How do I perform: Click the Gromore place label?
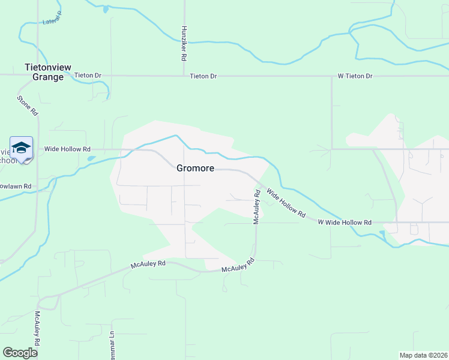coord(195,168)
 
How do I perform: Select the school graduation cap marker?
coord(21,148)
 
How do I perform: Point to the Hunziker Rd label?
coord(183,43)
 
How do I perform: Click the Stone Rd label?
coord(28,106)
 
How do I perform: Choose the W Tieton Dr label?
coord(354,76)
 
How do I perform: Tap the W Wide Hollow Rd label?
coord(345,222)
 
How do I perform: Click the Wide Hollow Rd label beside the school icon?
coord(67,149)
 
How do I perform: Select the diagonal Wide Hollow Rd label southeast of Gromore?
coord(286,203)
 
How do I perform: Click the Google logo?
coord(20,353)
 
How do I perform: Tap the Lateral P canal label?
coord(53,22)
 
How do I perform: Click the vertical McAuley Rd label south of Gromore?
coord(256,208)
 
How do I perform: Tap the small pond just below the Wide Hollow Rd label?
coord(91,159)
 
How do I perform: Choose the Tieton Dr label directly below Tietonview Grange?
coord(88,76)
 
